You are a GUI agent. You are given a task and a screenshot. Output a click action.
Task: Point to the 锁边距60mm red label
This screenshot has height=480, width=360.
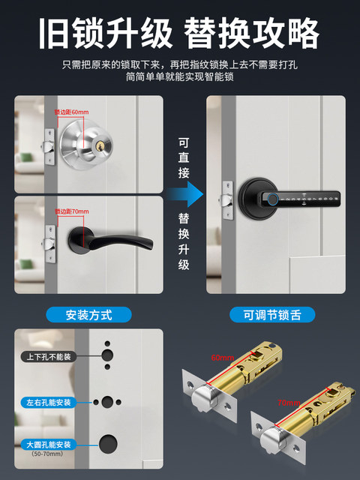click(71, 112)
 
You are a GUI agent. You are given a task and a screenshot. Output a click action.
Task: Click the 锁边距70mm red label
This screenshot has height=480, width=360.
click(71, 211)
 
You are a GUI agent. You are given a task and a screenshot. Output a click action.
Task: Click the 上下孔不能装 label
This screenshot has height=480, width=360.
click(48, 356)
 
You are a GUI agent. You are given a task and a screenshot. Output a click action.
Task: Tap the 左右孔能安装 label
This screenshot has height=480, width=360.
click(48, 403)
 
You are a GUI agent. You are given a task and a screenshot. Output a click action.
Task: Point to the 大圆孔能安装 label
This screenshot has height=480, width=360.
click(48, 444)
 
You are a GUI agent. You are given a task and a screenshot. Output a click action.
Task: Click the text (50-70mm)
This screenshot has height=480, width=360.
click(46, 454)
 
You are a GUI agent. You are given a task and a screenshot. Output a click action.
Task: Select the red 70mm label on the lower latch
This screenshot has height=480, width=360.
click(288, 402)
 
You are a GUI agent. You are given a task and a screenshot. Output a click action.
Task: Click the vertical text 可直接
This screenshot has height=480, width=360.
click(184, 157)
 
